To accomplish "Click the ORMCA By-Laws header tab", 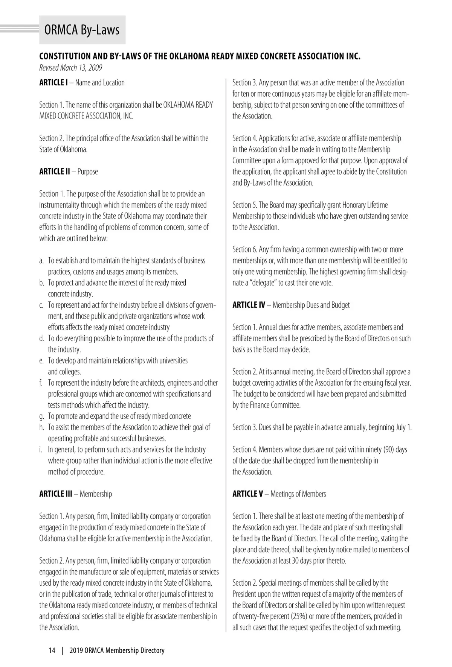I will click(x=82, y=30).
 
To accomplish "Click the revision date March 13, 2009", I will click(x=70, y=68).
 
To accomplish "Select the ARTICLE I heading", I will click(x=53, y=82).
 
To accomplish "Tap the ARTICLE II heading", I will click(x=55, y=172).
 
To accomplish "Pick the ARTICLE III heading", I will click(x=56, y=494).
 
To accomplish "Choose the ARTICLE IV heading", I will click(x=249, y=305).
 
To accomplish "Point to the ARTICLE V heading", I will click(x=248, y=494).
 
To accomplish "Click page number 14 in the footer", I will click(x=52, y=650).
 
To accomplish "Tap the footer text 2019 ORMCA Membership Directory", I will click(x=117, y=650).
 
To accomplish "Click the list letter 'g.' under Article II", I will click(x=42, y=416).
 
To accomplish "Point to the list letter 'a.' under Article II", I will click(x=42, y=260).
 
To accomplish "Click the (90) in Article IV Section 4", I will click(x=388, y=450).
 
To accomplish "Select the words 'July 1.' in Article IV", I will click(x=403, y=427).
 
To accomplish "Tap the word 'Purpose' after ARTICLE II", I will click(x=88, y=172).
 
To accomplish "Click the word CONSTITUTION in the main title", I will click(x=65, y=56).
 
